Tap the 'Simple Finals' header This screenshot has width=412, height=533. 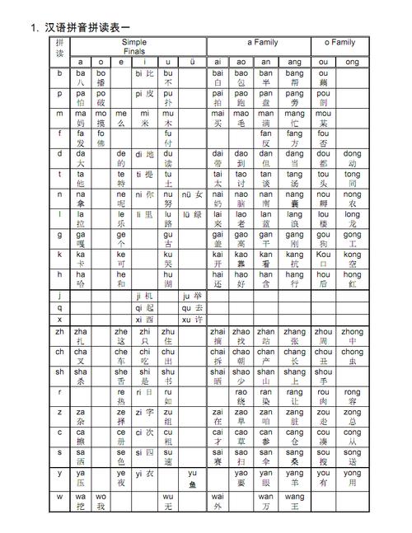[134, 47]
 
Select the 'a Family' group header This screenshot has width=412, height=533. [263, 42]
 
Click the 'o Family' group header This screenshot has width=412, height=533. [339, 42]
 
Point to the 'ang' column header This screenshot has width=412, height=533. [294, 62]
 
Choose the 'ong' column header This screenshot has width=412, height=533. [352, 62]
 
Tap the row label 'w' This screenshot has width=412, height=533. [60, 497]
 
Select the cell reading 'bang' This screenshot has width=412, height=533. [294, 73]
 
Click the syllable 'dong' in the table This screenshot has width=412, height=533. [352, 153]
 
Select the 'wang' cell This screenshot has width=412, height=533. [294, 497]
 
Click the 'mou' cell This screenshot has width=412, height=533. [323, 113]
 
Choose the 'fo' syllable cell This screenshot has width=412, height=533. [101, 133]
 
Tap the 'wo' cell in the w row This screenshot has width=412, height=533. [101, 497]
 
